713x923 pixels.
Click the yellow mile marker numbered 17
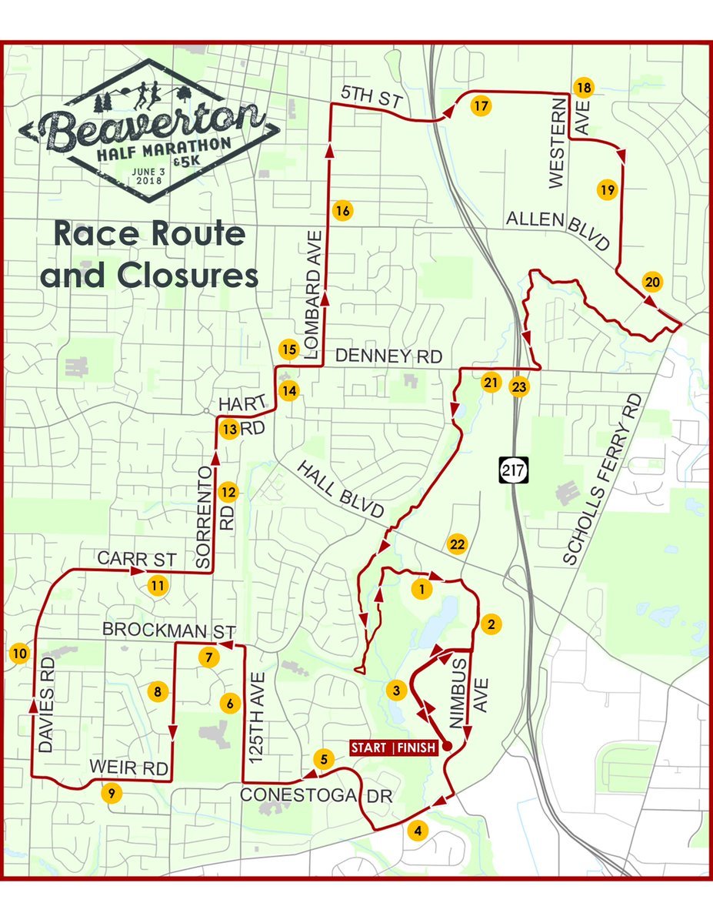pyautogui.click(x=481, y=106)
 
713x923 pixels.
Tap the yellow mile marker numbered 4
pyautogui.click(x=418, y=831)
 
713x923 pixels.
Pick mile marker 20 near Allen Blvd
pyautogui.click(x=652, y=283)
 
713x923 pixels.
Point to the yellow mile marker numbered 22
pyautogui.click(x=457, y=544)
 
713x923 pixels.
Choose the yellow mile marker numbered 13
pyautogui.click(x=229, y=430)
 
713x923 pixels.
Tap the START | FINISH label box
pyautogui.click(x=395, y=747)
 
